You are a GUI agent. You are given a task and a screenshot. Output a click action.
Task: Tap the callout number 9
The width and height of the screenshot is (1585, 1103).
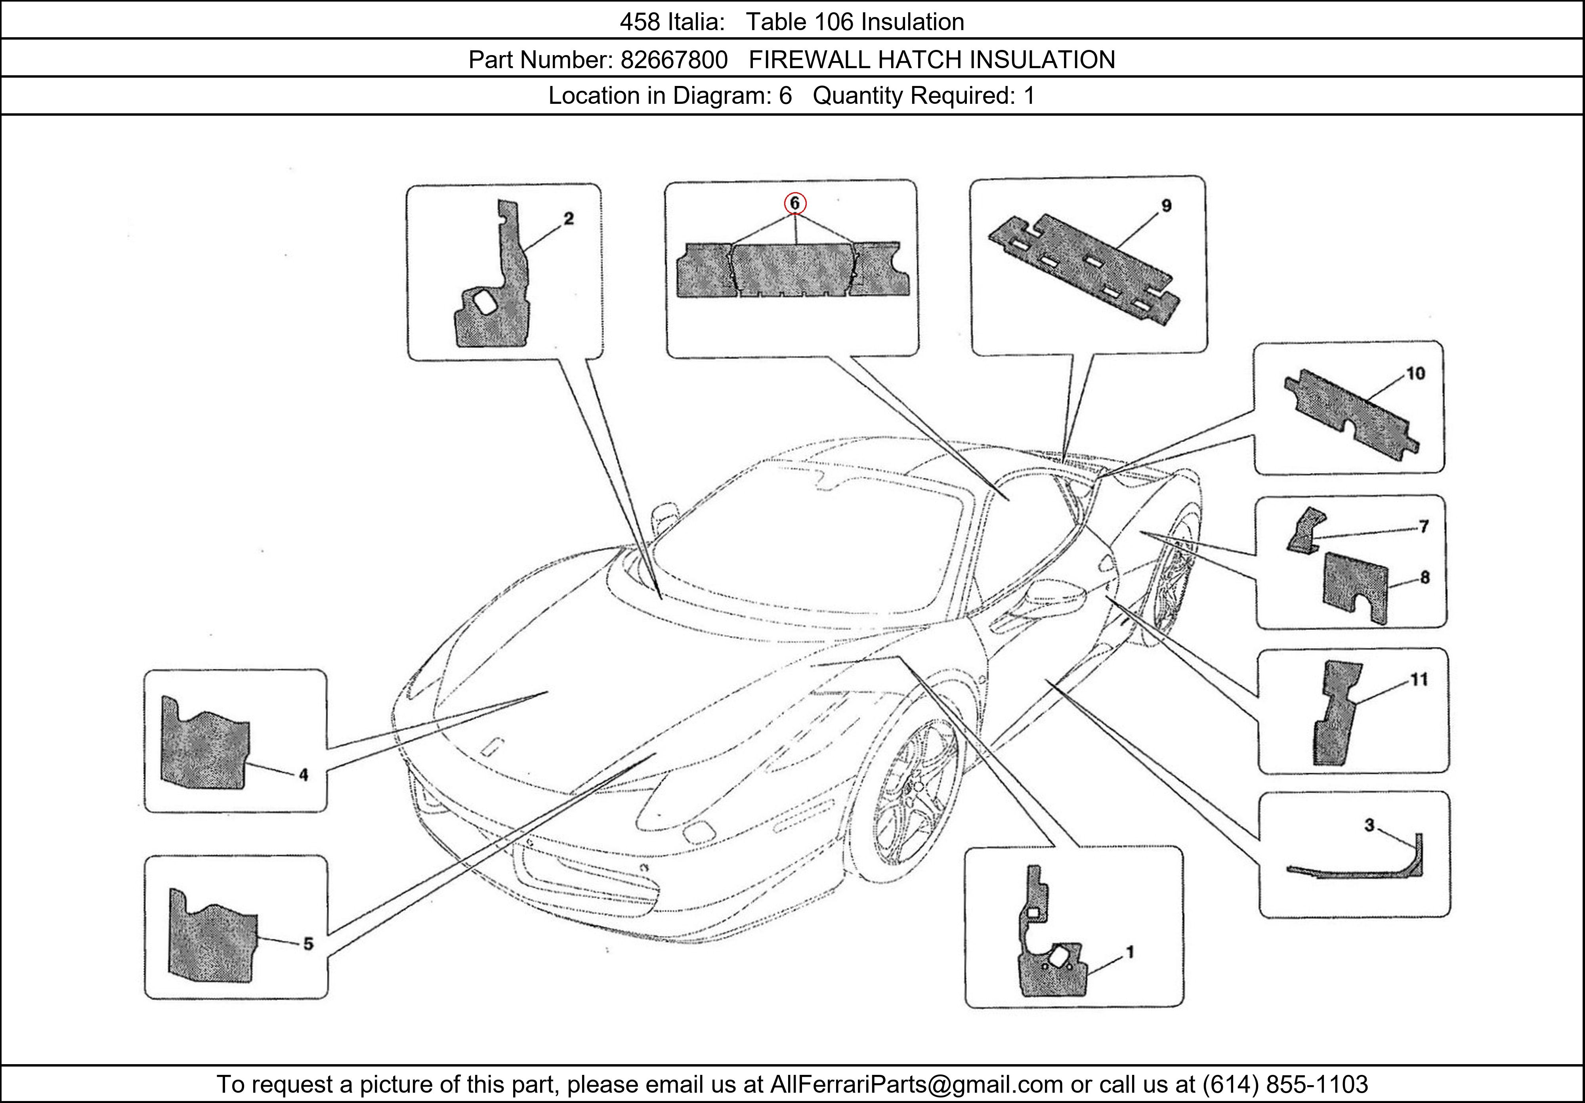click(1166, 206)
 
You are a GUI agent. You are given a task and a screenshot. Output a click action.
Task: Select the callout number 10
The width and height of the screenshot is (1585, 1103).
click(1415, 374)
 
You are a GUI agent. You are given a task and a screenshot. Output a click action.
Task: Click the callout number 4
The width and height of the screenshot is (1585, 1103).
click(303, 775)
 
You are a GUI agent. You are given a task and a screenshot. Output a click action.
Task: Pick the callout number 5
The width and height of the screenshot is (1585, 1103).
click(308, 944)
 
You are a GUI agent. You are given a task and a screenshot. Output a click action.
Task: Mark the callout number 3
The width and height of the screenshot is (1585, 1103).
click(1369, 825)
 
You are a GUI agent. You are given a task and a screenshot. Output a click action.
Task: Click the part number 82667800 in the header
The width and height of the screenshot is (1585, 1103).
click(674, 60)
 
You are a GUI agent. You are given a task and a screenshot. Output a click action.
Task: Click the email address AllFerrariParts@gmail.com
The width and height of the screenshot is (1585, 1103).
click(916, 1084)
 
